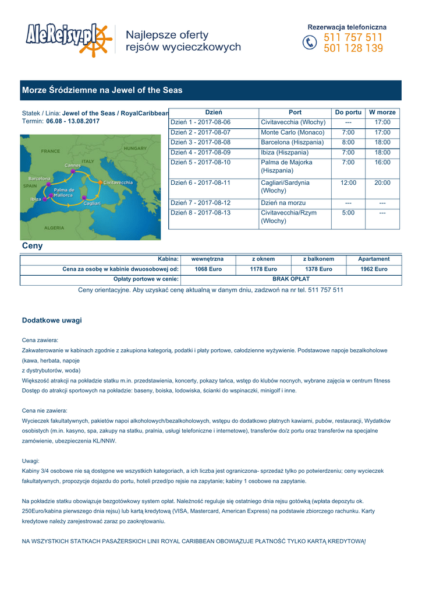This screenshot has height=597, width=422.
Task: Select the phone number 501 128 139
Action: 353,49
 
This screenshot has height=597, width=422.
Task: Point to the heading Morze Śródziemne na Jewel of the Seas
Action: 102,90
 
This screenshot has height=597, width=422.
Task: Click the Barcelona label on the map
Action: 40,178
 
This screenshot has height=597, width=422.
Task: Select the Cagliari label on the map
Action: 93,203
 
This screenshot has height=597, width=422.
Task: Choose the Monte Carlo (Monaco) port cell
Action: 292,132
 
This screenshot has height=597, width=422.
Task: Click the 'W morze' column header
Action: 382,112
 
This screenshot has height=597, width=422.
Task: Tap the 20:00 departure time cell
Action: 382,182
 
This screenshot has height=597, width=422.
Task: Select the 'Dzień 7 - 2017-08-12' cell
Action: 200,202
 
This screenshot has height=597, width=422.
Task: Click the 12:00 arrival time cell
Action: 348,182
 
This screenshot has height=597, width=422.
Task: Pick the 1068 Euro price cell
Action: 208,269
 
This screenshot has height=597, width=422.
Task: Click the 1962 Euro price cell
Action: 374,269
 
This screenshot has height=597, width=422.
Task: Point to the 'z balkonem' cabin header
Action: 318,258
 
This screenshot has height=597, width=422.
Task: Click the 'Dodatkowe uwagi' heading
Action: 52,321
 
